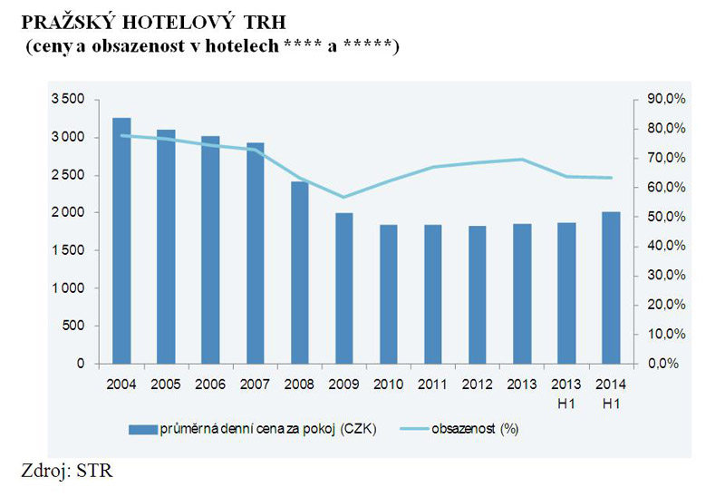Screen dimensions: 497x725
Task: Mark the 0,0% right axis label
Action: (x=661, y=364)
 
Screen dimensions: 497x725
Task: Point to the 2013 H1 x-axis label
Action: (x=565, y=393)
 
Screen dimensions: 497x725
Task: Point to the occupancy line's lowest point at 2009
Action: (x=343, y=197)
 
